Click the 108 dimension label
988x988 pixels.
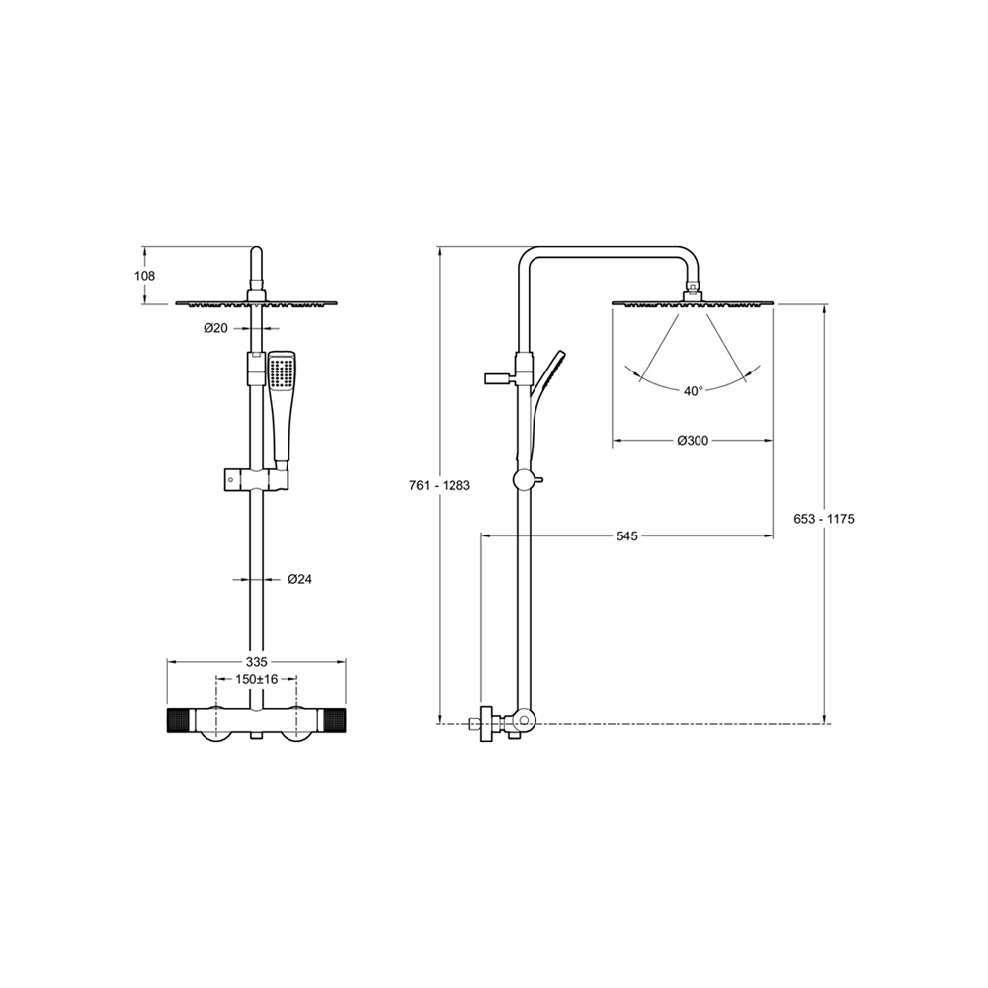[144, 276]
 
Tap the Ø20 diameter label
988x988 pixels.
[215, 328]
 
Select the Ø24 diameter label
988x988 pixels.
[299, 579]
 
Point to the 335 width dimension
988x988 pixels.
[257, 662]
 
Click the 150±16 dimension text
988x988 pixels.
[257, 679]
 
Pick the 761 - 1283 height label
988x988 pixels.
[440, 486]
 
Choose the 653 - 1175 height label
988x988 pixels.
[824, 519]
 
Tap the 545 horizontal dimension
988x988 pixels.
[627, 536]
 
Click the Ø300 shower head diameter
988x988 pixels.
[693, 441]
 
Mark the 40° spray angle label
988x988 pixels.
[693, 391]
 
